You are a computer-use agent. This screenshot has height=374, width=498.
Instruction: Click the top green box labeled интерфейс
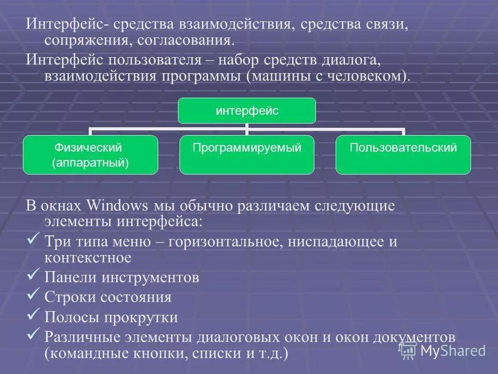point(247,110)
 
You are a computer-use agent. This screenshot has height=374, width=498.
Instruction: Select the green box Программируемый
point(247,154)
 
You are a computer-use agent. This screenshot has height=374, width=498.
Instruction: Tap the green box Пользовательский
point(403,154)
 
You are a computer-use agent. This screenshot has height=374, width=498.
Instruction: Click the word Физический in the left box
point(90,148)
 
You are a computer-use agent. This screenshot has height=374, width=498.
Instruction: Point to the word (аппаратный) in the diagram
point(90,163)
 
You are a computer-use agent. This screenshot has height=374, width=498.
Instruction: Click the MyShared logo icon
point(408,350)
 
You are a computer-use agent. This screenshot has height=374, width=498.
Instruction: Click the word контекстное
point(88,257)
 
